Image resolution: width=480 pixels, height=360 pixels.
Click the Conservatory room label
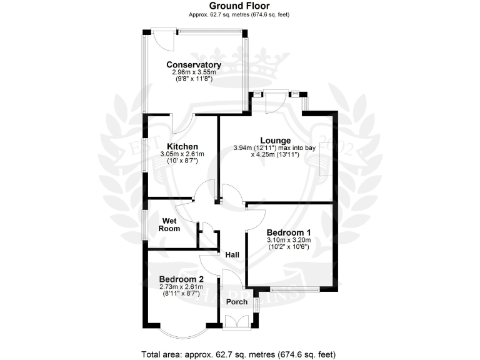click(193, 64)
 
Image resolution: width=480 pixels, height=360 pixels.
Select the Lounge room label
click(275, 140)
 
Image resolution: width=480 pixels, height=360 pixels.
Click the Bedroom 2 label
click(181, 279)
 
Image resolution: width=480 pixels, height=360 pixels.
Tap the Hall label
click(232, 255)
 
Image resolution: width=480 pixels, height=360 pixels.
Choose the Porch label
click(237, 301)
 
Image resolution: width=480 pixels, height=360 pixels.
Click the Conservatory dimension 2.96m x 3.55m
click(193, 72)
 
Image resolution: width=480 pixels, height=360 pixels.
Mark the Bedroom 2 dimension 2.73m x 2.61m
click(181, 287)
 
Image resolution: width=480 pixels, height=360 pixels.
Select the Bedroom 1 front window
click(294, 289)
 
